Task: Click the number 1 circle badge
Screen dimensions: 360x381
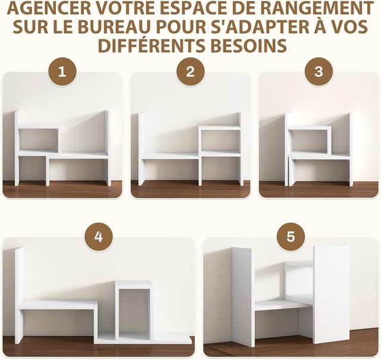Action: point(63,72)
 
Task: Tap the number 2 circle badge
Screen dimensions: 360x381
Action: point(190,72)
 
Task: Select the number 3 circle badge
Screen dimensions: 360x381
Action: point(318,72)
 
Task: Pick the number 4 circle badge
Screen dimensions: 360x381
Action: point(98,237)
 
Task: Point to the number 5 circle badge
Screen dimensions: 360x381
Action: point(291,237)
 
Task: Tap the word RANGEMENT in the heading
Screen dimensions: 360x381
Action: point(323,10)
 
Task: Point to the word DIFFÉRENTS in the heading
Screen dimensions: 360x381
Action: point(151,45)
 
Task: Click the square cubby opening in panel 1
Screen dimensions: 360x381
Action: point(39,139)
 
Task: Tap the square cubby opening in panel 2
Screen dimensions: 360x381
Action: point(220,141)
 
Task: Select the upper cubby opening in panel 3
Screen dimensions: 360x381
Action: point(309,141)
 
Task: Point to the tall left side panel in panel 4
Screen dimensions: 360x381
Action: point(19,295)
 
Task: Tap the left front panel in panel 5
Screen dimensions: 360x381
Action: point(243,296)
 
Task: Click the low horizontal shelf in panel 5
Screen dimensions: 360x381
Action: point(282,305)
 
